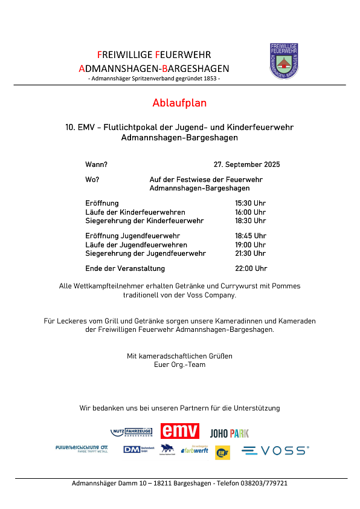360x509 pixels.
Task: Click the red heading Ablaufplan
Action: tap(179, 103)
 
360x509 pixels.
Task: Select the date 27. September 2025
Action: tap(246, 164)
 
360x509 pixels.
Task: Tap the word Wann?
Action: tap(97, 164)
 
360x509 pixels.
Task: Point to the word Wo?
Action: tap(92, 180)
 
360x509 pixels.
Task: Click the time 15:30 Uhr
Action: tap(250, 203)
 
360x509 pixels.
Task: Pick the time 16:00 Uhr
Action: tap(250, 212)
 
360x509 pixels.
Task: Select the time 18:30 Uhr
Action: tap(250, 221)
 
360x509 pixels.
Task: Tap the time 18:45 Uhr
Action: tap(250, 236)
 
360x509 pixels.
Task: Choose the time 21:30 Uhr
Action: tap(250, 253)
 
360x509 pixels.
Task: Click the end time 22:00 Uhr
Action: tap(251, 268)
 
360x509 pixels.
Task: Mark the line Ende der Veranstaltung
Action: tap(125, 268)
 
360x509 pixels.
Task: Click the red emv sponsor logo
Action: tap(179, 431)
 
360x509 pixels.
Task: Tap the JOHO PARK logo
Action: tap(229, 433)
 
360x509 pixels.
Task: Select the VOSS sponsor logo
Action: tap(275, 450)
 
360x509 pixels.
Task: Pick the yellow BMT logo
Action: tap(222, 452)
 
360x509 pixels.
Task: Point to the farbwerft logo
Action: tap(195, 450)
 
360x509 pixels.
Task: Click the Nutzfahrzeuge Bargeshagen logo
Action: tap(132, 432)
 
